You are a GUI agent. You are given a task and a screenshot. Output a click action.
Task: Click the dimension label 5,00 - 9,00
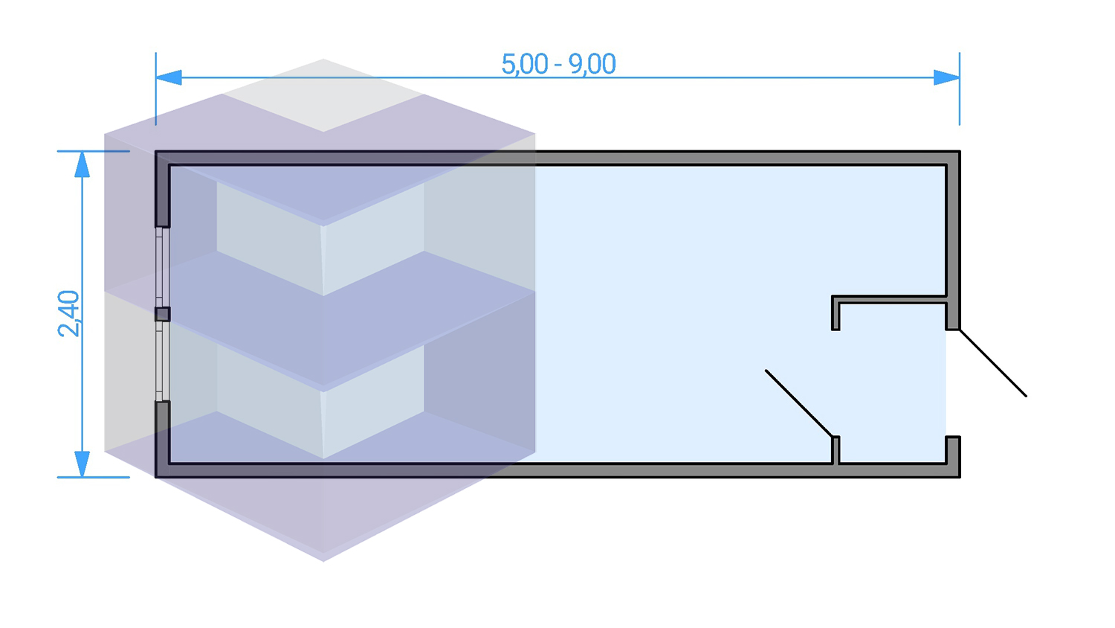[x=558, y=64]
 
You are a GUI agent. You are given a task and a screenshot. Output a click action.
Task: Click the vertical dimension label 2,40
[x=68, y=313]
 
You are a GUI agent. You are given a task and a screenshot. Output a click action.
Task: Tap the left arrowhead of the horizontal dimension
[x=169, y=77]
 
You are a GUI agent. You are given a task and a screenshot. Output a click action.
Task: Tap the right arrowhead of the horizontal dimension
[x=946, y=77]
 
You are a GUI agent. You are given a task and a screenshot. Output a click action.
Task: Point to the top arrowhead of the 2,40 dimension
[x=83, y=164]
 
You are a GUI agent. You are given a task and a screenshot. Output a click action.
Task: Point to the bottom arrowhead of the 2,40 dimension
[x=83, y=464]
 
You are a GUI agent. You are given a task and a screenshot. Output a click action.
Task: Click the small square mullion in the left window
[x=162, y=314]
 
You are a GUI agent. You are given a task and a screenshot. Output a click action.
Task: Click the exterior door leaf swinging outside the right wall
[x=993, y=363]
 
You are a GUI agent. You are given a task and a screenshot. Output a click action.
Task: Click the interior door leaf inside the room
[x=799, y=403]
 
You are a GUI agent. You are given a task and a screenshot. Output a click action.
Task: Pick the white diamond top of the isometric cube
[x=323, y=95]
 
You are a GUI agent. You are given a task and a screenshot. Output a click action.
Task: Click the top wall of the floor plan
[x=557, y=158]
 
